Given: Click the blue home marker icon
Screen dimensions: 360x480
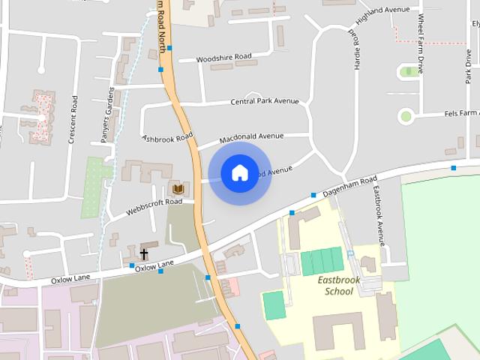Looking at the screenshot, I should coord(239,172).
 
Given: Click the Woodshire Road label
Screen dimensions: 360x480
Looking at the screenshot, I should coord(223,58).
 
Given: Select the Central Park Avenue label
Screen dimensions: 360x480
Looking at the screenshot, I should coord(264,101).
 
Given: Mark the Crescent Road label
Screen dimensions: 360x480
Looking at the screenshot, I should coord(73,120).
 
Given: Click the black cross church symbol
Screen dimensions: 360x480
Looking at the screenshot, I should coord(143,254).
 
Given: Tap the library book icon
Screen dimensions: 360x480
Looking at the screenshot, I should coord(178,189).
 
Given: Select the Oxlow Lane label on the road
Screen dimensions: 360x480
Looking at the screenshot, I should coord(154,264).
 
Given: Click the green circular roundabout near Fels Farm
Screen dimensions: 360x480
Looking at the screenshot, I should coord(406,115).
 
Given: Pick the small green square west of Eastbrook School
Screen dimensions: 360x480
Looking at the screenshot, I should coord(274,304).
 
